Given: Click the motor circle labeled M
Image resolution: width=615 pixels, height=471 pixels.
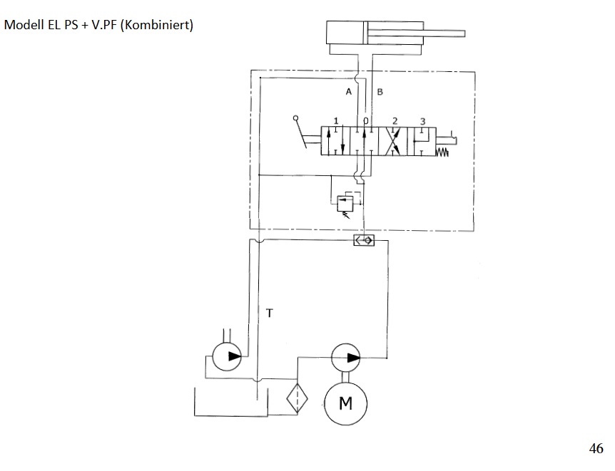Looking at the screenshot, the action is point(345,403).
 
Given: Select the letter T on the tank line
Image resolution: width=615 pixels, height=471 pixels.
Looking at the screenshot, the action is point(270,313).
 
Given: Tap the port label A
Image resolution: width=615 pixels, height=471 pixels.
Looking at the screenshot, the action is point(349,92).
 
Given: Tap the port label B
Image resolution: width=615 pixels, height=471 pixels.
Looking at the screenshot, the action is point(380,92).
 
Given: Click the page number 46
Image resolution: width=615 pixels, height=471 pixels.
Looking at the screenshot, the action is point(596,448).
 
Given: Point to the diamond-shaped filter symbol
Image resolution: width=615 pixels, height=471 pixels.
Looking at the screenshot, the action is point(298,398).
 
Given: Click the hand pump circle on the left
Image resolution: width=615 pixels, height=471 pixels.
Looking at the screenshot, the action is point(227,356).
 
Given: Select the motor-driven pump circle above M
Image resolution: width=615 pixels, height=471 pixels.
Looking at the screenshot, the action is point(345,358).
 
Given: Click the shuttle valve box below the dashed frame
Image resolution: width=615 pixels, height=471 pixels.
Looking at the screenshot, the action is point(364,240).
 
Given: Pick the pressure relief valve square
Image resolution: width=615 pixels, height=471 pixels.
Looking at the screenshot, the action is point(345,203).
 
